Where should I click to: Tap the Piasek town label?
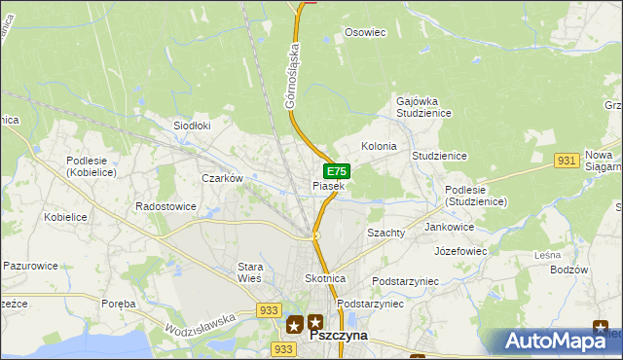coord(328,186)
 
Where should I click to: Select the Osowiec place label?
coord(366,32)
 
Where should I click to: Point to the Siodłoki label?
coord(192,126)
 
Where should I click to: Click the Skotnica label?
coord(324,278)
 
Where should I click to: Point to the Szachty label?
coord(385,234)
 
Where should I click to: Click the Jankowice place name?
coord(450,227)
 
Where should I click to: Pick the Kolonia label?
coord(379,146)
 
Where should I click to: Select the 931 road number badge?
coord(568,160)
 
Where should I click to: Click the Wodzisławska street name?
coord(202,319)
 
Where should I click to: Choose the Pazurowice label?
coord(31,265)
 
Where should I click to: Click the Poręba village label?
coord(119,304)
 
